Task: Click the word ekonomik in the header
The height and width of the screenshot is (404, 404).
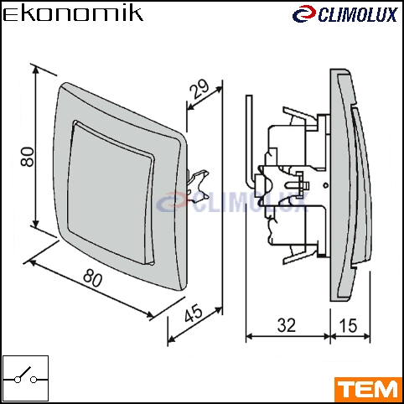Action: [73, 14]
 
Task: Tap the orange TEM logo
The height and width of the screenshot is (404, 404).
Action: [368, 389]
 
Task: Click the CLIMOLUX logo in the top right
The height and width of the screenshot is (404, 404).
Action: [345, 14]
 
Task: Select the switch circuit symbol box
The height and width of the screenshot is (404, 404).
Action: [25, 378]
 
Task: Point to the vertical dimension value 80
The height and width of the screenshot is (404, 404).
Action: [28, 157]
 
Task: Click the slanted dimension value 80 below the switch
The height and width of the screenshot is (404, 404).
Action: [93, 277]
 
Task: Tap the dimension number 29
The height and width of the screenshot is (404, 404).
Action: [199, 89]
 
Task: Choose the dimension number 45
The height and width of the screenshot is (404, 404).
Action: [194, 313]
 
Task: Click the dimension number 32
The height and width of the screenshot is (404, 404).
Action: [287, 325]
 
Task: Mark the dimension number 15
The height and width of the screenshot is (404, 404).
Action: [348, 325]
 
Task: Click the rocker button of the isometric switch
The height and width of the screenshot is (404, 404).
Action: [111, 193]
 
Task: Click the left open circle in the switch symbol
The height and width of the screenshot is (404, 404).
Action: [18, 380]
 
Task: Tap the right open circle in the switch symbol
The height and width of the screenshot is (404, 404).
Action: [34, 380]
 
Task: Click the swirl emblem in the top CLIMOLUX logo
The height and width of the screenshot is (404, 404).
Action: [304, 14]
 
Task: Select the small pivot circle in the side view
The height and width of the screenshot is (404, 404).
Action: [325, 185]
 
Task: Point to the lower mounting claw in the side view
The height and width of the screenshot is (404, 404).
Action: [300, 254]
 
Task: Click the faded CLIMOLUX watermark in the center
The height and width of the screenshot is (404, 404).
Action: [232, 202]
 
